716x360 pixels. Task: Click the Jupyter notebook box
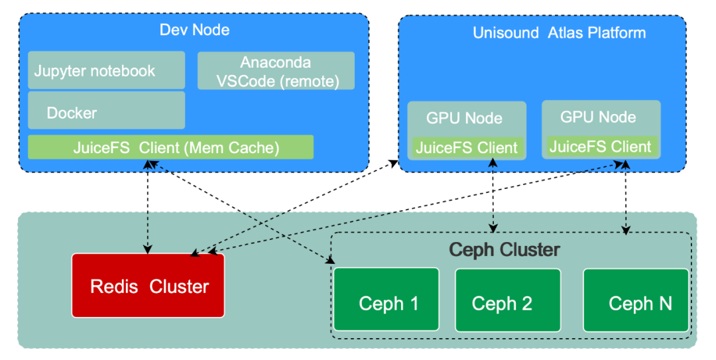pyautogui.click(x=106, y=70)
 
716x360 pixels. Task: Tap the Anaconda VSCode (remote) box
pyautogui.click(x=276, y=71)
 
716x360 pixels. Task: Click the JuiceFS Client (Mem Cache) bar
pyautogui.click(x=170, y=147)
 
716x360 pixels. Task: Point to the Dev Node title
pyautogui.click(x=194, y=30)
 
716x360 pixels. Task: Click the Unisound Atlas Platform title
pyautogui.click(x=559, y=32)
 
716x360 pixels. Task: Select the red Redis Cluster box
pyautogui.click(x=149, y=286)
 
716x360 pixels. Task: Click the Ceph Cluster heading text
pyautogui.click(x=505, y=250)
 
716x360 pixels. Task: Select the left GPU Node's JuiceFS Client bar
pyautogui.click(x=467, y=148)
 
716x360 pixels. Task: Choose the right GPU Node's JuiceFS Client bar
pyautogui.click(x=601, y=147)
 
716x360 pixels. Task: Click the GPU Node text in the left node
pyautogui.click(x=464, y=119)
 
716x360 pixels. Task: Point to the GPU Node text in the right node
pyautogui.click(x=598, y=117)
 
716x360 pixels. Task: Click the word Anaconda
pyautogui.click(x=275, y=63)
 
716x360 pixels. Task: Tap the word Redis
pyautogui.click(x=114, y=286)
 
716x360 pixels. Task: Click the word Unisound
pyautogui.click(x=506, y=32)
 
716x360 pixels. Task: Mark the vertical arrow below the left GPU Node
pyautogui.click(x=493, y=196)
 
